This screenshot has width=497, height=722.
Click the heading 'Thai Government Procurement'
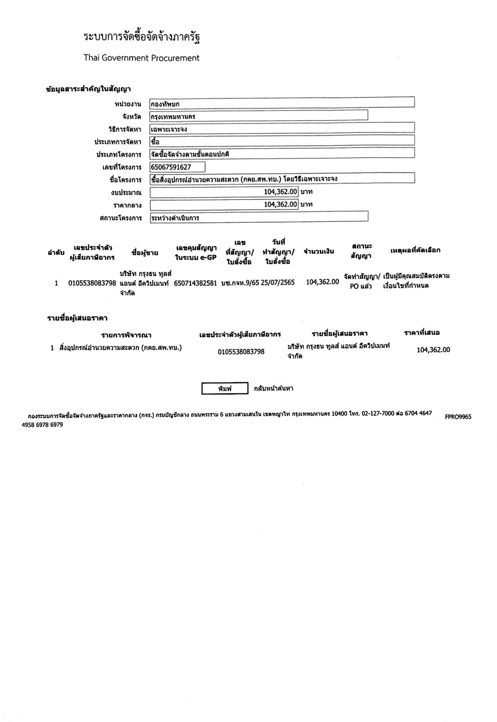(x=141, y=58)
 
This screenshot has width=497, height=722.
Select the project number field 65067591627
(x=177, y=167)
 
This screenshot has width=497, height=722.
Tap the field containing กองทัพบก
(x=282, y=103)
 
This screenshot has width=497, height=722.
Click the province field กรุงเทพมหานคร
(x=258, y=116)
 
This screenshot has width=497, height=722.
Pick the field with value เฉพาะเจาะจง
(x=282, y=128)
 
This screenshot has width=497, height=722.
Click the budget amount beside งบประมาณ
(x=224, y=192)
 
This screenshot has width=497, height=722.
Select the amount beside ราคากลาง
(x=224, y=205)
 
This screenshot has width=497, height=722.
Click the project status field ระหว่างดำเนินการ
(x=258, y=217)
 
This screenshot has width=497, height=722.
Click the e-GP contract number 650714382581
(x=195, y=283)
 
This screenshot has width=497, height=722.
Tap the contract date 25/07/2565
(x=278, y=282)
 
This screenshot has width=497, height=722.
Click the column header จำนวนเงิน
(x=319, y=252)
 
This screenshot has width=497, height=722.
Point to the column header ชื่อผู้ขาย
(x=145, y=253)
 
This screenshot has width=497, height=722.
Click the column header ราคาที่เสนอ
(x=422, y=333)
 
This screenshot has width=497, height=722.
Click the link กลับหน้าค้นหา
(x=274, y=389)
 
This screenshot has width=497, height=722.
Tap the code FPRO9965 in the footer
(x=458, y=417)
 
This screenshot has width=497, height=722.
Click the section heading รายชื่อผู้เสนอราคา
(x=78, y=318)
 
